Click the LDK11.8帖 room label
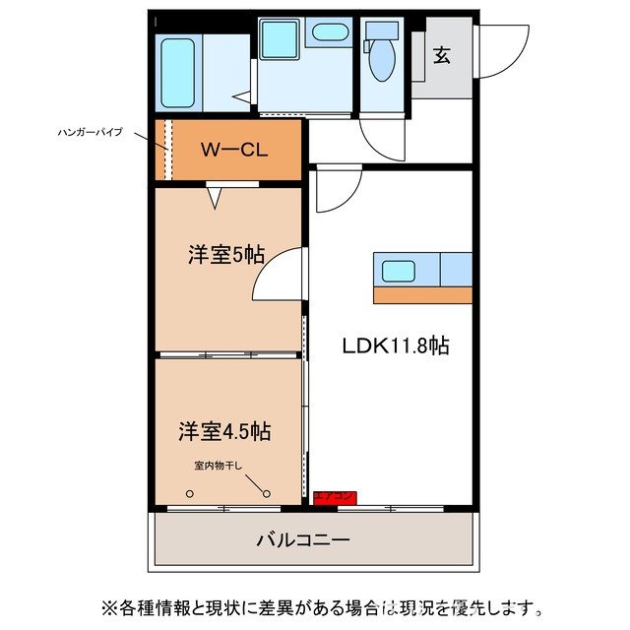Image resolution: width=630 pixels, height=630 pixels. click(396, 346)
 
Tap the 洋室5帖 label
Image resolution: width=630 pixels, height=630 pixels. click(226, 254)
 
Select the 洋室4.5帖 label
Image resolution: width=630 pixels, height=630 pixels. click(224, 430)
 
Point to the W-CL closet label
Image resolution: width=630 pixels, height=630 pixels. click(232, 151)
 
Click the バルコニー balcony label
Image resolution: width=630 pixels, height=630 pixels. click(303, 539)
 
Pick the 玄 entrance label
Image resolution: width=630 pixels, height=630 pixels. click(442, 55)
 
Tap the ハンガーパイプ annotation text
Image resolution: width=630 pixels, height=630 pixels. click(90, 131)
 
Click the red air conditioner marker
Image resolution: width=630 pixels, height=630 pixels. click(335, 498)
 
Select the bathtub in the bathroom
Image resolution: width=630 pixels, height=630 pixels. click(179, 74)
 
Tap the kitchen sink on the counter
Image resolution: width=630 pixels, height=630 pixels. click(401, 270)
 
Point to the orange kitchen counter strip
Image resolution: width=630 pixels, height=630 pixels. click(423, 293)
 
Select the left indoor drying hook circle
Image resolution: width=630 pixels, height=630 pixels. click(190, 495)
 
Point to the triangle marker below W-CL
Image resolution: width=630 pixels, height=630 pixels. click(215, 197)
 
